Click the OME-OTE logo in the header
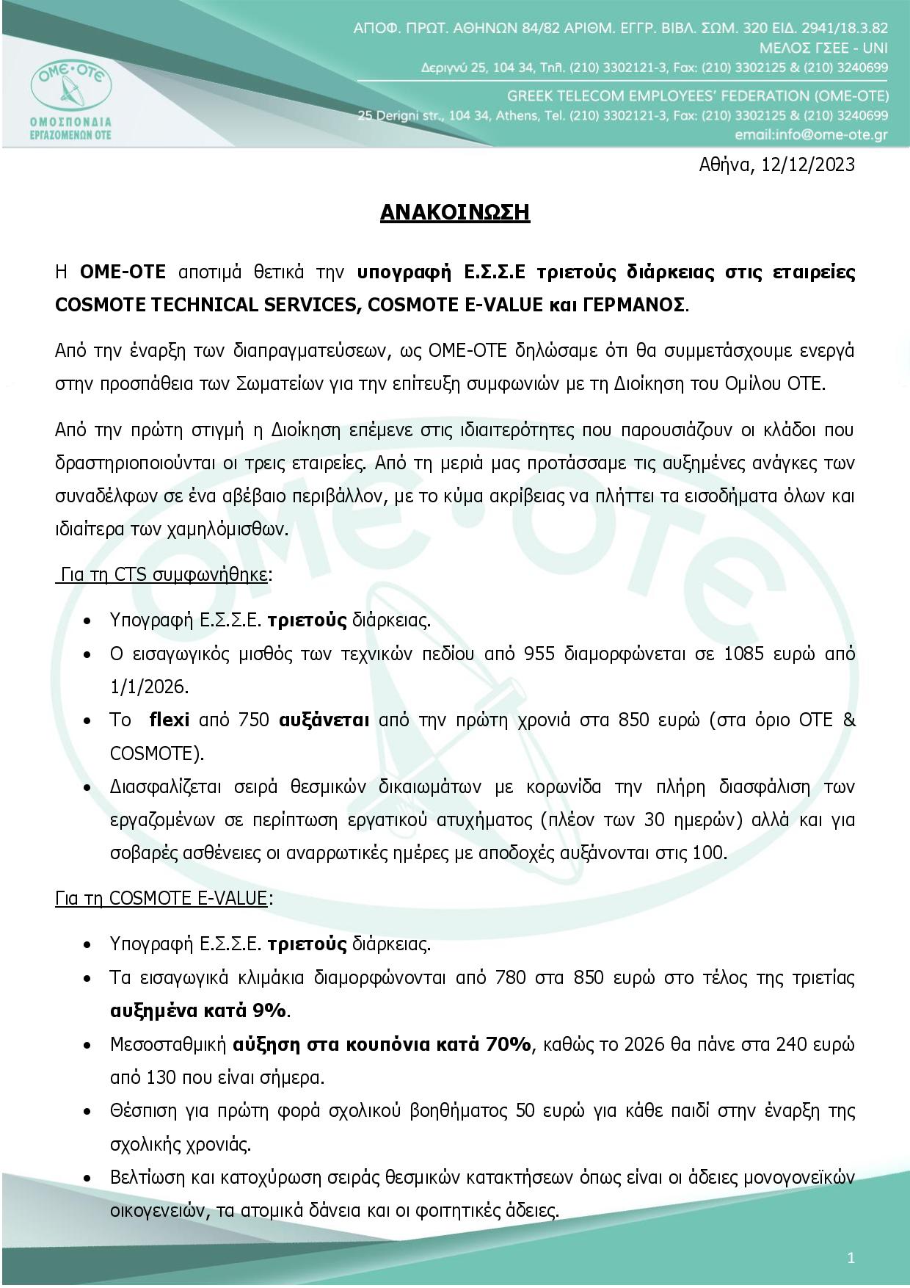71,92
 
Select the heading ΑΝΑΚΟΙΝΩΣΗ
455,212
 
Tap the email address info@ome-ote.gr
811,135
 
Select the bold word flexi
169,720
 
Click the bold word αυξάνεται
324,720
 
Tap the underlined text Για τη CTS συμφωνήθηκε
163,574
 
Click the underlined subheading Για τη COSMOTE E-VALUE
161,898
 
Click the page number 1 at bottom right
851,1258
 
